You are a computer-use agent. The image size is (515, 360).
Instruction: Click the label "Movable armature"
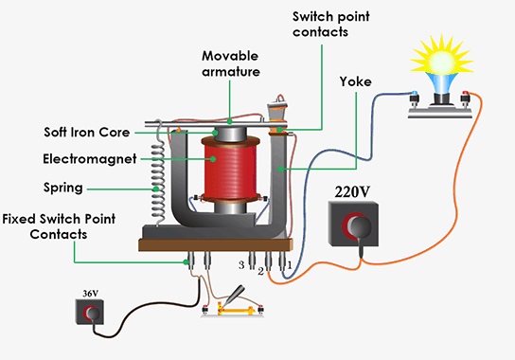pos(231,63)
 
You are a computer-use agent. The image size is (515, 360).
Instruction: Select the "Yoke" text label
pos(356,81)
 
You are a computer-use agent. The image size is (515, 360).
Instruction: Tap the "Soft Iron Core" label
pos(87,133)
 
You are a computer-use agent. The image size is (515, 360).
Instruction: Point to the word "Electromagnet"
pos(90,159)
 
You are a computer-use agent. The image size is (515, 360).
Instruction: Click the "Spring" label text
pos(63,189)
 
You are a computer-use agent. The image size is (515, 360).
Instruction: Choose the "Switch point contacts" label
pos(331,24)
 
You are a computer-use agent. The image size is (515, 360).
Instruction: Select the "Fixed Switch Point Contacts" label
pos(59,226)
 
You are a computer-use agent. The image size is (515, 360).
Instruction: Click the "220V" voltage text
pos(352,192)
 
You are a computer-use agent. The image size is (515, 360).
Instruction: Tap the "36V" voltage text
pos(90,294)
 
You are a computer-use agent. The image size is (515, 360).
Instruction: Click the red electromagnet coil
pos(231,169)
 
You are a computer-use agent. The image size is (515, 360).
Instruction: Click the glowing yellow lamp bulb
pos(441,60)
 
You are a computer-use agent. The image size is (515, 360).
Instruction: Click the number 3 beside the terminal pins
pos(241,265)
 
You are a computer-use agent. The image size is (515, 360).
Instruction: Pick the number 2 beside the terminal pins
pos(260,272)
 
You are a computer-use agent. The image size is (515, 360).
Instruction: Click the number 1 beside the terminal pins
pos(290,265)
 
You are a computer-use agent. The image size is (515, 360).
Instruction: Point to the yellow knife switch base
pos(236,311)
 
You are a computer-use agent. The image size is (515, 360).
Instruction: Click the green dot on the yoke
pos(280,169)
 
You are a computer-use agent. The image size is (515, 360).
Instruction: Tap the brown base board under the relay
pos(216,245)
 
